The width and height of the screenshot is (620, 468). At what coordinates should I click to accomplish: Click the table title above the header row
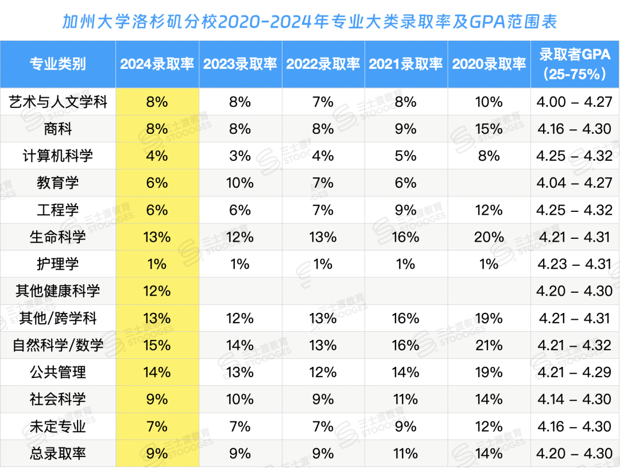point(309,22)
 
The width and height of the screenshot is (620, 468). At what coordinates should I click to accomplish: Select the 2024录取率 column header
point(157,64)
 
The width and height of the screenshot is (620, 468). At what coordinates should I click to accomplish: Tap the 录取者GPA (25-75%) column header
point(574,64)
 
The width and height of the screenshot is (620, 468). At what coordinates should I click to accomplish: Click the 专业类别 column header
point(57,64)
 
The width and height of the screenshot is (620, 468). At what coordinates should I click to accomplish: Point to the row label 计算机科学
point(57,156)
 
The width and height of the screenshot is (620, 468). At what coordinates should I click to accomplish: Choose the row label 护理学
point(57,264)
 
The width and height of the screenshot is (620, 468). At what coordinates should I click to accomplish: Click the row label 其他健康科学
point(57,291)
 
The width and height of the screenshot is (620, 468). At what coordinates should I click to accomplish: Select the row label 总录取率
point(57,454)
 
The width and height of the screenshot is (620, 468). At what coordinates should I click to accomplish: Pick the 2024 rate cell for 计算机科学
point(157,156)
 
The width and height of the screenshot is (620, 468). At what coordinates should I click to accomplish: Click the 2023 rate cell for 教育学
point(240,183)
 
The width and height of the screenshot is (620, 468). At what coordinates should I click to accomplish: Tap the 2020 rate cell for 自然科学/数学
point(489,345)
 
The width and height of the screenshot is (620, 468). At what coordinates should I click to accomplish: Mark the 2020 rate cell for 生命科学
point(489,237)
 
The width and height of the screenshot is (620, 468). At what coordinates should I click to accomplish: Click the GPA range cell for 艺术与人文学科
point(574,102)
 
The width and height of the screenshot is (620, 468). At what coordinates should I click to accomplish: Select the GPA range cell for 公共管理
point(574,372)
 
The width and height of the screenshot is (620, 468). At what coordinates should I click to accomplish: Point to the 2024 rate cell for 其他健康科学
point(157,291)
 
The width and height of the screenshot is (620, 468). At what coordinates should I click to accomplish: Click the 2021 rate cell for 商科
point(405,129)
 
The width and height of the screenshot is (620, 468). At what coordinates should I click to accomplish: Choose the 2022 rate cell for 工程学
point(323,210)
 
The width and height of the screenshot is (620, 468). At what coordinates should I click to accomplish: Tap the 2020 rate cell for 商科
point(489,129)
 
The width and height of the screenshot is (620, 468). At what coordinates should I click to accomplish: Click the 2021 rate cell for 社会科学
point(405,399)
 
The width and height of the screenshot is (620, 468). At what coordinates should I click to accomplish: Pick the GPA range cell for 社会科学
point(574,399)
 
